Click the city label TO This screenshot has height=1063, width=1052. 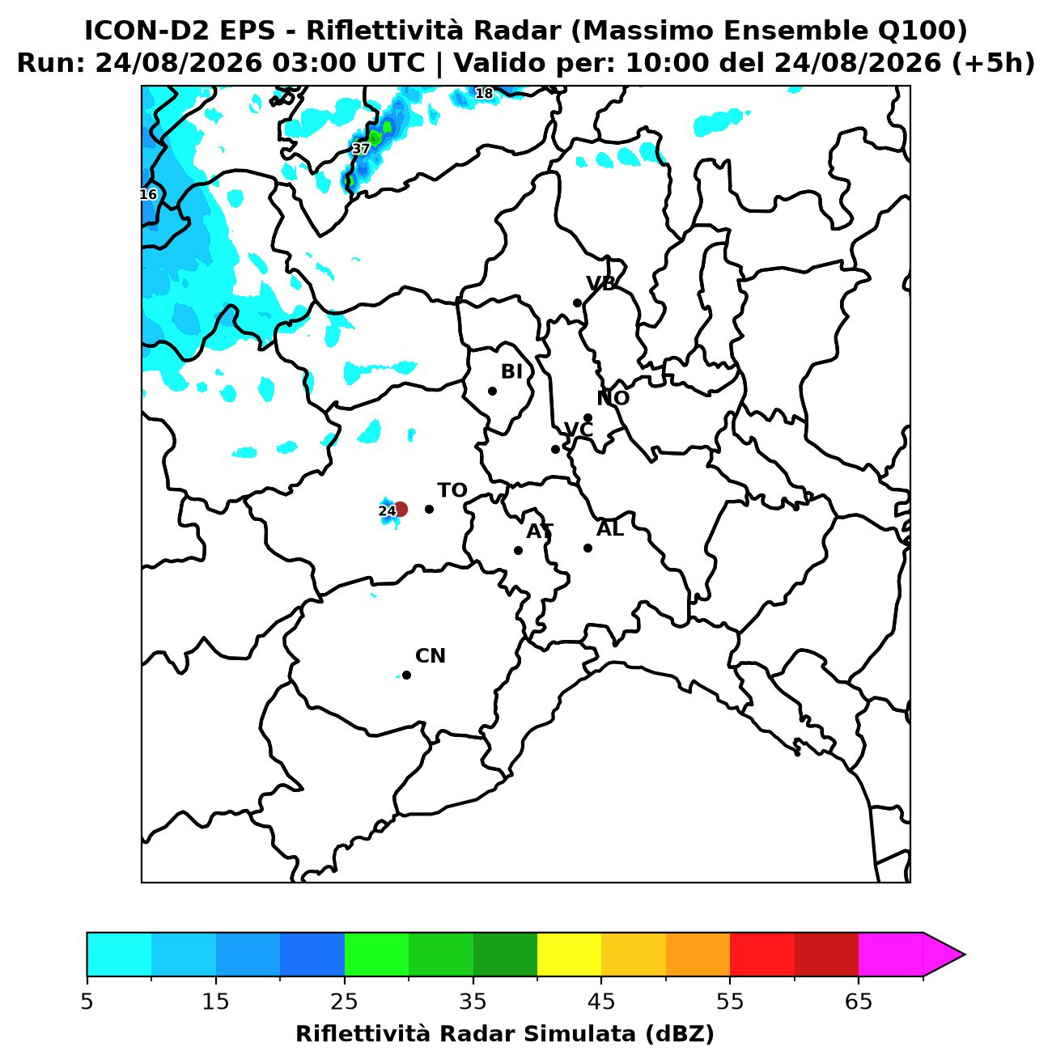(x=452, y=490)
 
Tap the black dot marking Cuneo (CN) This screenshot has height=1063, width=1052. (x=406, y=675)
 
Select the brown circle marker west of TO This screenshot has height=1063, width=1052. (x=401, y=509)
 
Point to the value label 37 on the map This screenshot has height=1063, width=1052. (x=361, y=148)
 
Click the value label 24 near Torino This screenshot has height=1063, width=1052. (x=387, y=510)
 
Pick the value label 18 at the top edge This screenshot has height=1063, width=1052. (x=483, y=93)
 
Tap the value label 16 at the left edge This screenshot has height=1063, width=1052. (x=148, y=194)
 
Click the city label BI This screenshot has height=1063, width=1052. (x=511, y=371)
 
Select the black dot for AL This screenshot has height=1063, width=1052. (x=588, y=548)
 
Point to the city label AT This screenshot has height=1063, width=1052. (x=540, y=531)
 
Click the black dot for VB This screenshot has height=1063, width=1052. (x=577, y=303)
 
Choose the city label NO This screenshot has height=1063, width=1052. (x=613, y=398)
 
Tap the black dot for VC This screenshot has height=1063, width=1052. (x=555, y=449)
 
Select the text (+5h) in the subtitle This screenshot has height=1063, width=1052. (x=992, y=63)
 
